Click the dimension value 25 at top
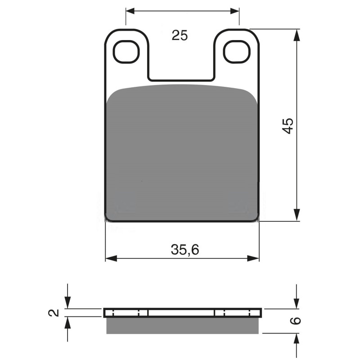(x=180, y=36)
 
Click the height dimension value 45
(x=288, y=125)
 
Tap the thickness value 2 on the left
(x=54, y=312)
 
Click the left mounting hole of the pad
(x=126, y=52)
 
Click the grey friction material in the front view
(x=182, y=153)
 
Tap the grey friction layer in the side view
(x=183, y=325)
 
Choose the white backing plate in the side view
(x=182, y=312)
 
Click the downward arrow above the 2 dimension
(x=67, y=305)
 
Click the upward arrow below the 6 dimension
(x=297, y=338)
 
